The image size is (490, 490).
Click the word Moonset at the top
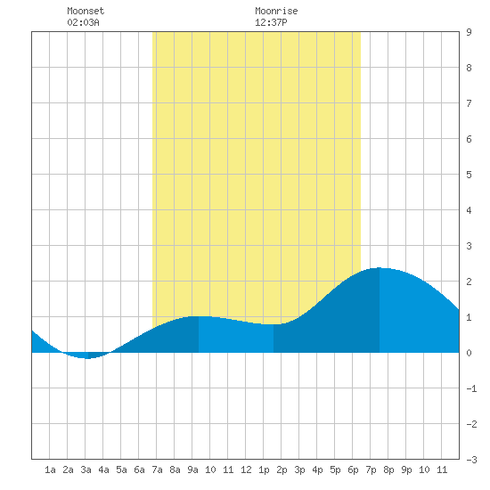86,11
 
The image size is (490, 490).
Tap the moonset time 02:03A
83,22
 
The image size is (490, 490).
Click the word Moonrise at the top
276,11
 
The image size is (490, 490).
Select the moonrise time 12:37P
271,22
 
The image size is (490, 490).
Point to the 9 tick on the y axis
469,32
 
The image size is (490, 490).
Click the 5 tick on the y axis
469,175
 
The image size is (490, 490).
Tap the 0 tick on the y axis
469,353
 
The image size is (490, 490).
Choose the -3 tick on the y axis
471,460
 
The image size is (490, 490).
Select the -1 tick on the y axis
471,388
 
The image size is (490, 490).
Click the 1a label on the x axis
50,470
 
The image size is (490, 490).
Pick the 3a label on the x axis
86,470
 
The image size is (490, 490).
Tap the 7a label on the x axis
157,470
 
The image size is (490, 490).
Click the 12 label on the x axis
246,470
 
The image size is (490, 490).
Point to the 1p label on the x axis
264,470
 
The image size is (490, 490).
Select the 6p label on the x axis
353,470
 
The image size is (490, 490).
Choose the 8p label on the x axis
388,470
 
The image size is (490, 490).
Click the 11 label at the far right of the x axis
442,470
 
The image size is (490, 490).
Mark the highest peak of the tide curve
379,268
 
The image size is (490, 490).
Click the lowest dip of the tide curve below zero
87,358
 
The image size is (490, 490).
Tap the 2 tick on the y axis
469,282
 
